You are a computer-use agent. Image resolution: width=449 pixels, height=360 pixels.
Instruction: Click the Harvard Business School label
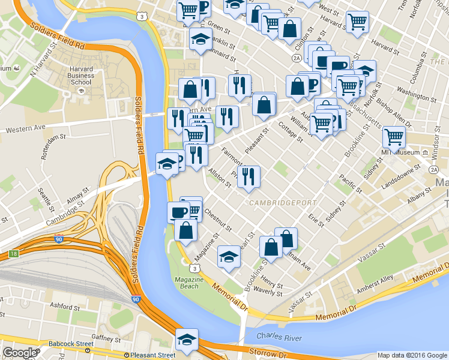81,76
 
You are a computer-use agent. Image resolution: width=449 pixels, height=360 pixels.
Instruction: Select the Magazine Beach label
187,283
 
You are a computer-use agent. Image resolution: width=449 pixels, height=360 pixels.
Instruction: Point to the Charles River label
279,338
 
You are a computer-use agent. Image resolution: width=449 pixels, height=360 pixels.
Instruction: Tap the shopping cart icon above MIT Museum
394,137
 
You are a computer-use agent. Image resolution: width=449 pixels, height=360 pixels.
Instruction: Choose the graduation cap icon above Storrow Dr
187,340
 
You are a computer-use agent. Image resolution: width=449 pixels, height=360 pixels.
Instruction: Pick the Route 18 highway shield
13,254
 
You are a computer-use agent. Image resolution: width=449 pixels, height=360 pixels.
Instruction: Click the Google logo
20,353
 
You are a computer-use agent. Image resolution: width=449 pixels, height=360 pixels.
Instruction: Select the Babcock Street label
72,344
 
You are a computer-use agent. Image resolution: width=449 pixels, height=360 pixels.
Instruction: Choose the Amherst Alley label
375,282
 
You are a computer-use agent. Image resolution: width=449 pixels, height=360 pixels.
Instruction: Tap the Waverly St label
268,293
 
